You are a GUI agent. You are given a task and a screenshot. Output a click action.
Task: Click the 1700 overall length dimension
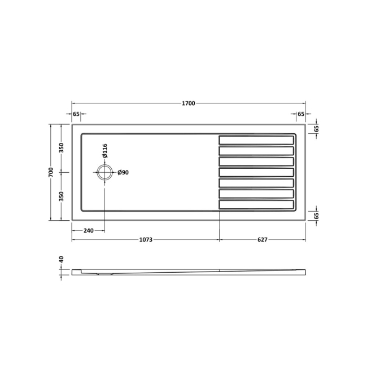(x=188, y=103)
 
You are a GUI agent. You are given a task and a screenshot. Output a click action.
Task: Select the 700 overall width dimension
(x=51, y=172)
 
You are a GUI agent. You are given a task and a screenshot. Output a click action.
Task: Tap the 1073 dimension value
(x=145, y=239)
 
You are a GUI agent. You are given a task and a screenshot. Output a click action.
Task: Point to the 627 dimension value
(x=262, y=239)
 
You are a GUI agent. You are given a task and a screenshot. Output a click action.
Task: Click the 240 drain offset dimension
(x=88, y=230)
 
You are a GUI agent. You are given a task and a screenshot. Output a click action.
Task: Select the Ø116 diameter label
(x=105, y=151)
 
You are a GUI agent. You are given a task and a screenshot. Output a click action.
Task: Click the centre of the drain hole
(x=105, y=172)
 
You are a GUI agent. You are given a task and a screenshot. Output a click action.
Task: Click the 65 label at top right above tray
(x=300, y=114)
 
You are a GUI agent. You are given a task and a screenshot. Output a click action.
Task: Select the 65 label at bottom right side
(x=316, y=215)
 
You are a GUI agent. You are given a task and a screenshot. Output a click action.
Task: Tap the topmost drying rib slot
(x=256, y=139)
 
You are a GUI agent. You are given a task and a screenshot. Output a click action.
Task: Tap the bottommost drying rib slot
(x=256, y=204)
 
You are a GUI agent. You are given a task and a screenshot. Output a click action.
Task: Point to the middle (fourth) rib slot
(x=256, y=172)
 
